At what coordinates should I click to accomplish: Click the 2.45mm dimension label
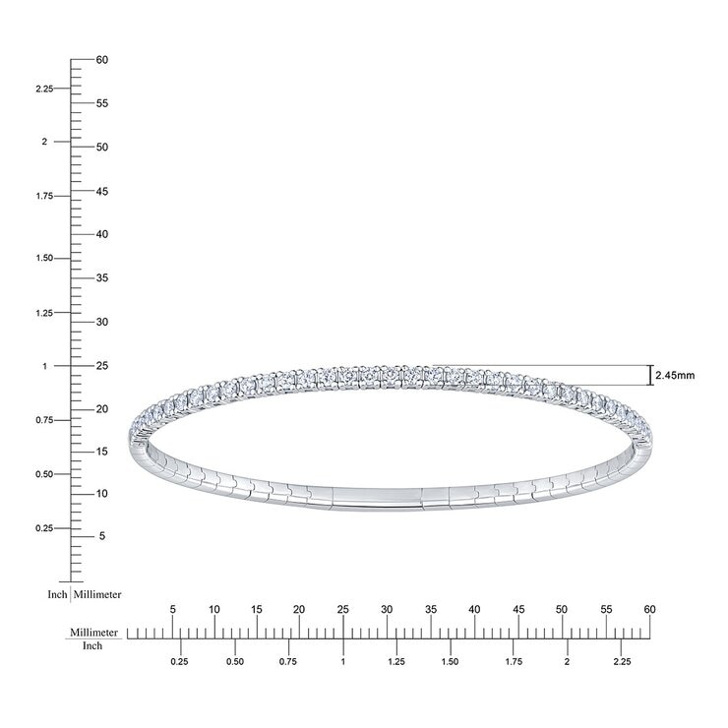(675, 375)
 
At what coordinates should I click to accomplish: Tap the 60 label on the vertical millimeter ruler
(102, 60)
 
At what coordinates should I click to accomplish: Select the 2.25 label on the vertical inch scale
(44, 89)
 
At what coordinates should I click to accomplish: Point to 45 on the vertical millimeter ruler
(102, 191)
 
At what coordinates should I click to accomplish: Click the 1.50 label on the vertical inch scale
(44, 258)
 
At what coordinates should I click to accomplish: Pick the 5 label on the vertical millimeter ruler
(102, 536)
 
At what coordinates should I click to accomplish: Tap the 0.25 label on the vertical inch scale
(44, 528)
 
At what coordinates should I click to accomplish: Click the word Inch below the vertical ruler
(58, 595)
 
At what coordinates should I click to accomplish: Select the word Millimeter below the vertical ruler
(97, 595)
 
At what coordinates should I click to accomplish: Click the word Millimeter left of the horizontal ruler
(94, 633)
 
